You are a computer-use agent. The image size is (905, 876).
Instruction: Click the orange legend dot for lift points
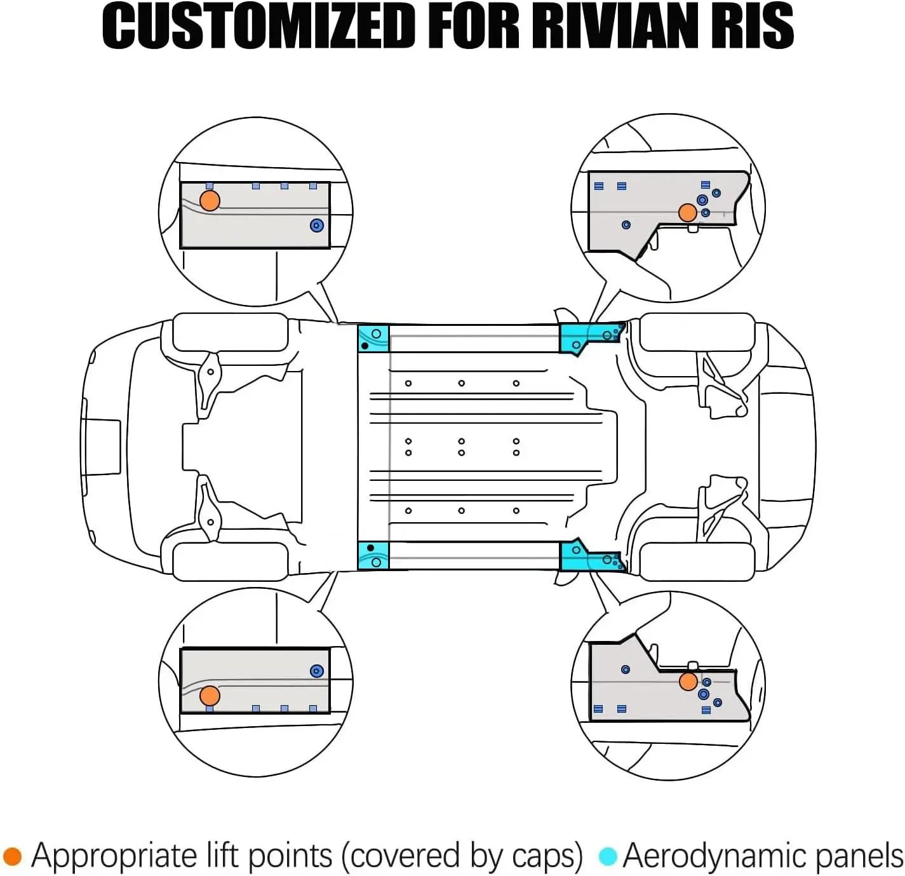click(13, 856)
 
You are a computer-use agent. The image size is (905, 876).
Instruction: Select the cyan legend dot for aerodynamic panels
click(608, 856)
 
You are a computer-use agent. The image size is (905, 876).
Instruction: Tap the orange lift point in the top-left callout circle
click(210, 201)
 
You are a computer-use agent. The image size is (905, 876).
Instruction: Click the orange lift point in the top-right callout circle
click(687, 213)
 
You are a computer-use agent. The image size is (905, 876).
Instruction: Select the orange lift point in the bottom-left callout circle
click(210, 695)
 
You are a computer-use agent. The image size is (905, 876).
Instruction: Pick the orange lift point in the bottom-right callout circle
click(688, 682)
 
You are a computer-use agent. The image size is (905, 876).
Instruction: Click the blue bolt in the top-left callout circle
click(317, 226)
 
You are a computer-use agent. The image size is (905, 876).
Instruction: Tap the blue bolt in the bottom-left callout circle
click(317, 671)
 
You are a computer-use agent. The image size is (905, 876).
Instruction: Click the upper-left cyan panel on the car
click(373, 338)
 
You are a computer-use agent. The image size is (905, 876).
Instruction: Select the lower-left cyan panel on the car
click(373, 556)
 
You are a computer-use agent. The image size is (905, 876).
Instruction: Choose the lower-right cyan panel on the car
click(581, 556)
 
